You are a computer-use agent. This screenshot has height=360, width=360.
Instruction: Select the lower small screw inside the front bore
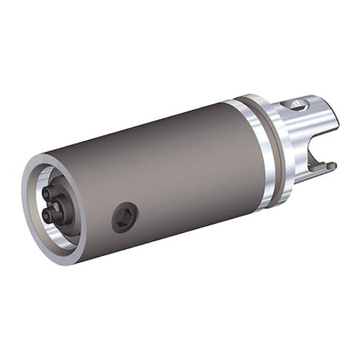(x=48, y=214)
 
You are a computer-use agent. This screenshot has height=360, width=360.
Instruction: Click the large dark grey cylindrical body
(x=166, y=166)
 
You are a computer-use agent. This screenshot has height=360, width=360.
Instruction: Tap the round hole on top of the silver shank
(x=297, y=106)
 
